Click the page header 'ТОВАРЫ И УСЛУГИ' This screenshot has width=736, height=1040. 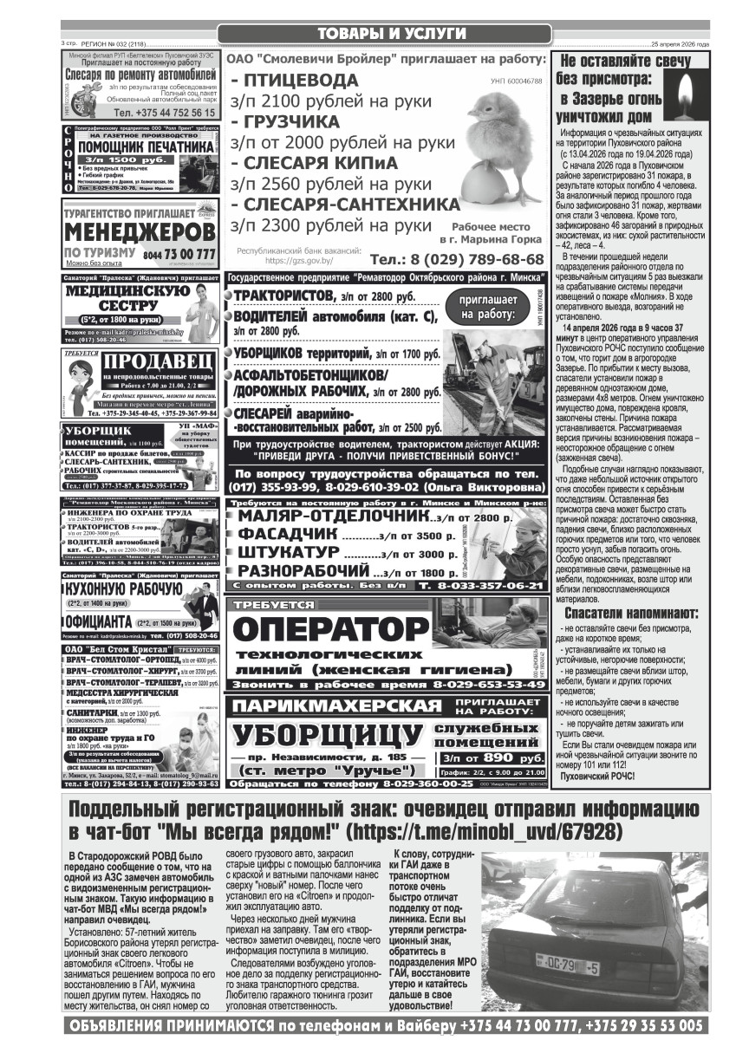click(x=385, y=34)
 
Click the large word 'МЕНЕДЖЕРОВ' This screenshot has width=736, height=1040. click(x=140, y=232)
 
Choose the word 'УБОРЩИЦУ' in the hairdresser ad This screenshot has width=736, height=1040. click(x=329, y=736)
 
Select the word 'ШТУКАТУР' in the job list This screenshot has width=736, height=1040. click(x=289, y=552)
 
